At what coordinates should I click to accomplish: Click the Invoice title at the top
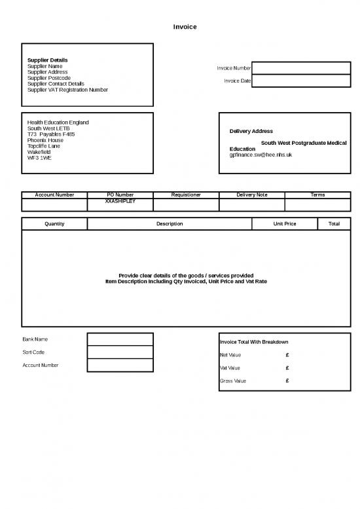[x=185, y=27]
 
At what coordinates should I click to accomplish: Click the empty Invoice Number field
[x=300, y=68]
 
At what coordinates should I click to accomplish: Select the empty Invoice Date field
[x=300, y=81]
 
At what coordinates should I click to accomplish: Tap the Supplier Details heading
[x=47, y=60]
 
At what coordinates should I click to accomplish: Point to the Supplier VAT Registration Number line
[x=67, y=90]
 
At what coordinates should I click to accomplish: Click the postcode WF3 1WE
[x=39, y=158]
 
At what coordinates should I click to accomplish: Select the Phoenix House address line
[x=45, y=140]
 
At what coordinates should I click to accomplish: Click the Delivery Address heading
[x=251, y=131]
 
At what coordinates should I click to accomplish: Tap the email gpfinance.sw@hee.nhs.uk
[x=261, y=155]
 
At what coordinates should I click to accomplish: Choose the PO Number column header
[x=120, y=195]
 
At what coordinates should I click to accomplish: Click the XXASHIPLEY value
[x=120, y=201]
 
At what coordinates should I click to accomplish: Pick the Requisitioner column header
[x=186, y=195]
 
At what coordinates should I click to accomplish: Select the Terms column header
[x=317, y=195]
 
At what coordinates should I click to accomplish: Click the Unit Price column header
[x=285, y=224]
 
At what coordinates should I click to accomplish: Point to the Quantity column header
[x=54, y=224]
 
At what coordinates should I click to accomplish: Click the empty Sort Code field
[x=120, y=352]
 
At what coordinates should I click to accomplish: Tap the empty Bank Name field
[x=120, y=339]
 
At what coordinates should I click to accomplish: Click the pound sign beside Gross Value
[x=288, y=381]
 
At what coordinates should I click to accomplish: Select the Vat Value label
[x=230, y=368]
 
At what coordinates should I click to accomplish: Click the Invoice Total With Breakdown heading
[x=254, y=342]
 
